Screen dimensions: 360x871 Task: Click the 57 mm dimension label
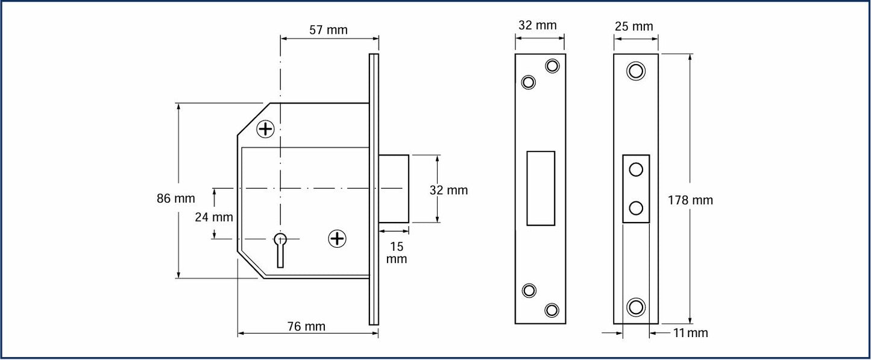coord(329,30)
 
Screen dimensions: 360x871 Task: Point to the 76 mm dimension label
coord(306,326)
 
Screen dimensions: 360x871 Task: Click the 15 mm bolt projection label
coord(397,253)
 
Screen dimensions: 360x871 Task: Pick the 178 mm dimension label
coord(690,200)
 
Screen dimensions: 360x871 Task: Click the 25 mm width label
coord(634,27)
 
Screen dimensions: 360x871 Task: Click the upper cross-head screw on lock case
coord(265,128)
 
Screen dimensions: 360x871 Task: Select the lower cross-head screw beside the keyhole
coord(337,239)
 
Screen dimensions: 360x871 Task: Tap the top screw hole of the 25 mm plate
coord(635,71)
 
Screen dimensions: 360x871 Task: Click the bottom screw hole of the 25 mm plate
coord(635,306)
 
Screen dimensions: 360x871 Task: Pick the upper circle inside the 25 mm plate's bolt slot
coord(636,170)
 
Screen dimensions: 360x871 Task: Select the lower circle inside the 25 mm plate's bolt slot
coord(636,209)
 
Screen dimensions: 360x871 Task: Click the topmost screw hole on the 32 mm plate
coord(552,65)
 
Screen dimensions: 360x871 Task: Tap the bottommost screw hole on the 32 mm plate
coord(552,310)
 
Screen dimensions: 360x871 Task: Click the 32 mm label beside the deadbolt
coord(448,190)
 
